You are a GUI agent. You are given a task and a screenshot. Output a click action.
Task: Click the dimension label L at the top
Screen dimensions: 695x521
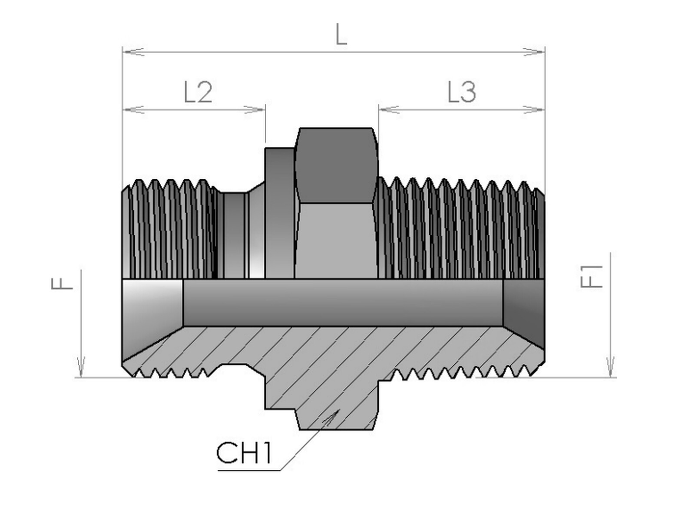pos(341,34)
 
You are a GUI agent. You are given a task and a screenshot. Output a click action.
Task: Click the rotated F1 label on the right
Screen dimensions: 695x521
pos(591,276)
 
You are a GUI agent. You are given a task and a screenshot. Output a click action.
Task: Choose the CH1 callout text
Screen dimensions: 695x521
pos(244,453)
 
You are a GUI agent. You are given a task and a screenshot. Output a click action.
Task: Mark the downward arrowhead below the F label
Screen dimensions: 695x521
pos(81,366)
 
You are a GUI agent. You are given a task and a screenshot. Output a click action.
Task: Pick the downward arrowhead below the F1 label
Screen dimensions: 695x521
pos(610,366)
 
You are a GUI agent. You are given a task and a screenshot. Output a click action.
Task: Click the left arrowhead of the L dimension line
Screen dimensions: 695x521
pos(133,52)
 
